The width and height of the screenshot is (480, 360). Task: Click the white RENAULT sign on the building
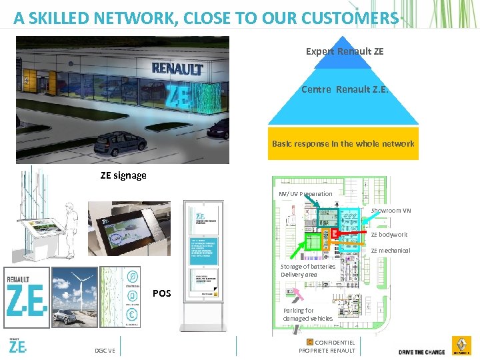177,68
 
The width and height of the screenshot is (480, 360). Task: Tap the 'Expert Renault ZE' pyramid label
344,51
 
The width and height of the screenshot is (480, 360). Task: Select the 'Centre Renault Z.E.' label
344,89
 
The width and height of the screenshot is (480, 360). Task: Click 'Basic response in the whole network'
343,143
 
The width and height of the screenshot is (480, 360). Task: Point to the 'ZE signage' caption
123,175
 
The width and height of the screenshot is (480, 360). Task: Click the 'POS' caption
162,293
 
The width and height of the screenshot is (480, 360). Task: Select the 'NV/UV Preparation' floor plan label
305,194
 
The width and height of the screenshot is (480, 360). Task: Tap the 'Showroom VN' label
391,211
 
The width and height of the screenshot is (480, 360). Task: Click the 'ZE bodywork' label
389,235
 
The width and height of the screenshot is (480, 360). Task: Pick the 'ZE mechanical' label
390,251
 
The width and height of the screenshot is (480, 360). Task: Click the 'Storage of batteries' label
308,267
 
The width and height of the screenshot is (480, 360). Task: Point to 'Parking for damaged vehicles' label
307,315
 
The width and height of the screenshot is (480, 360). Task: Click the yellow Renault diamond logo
459,345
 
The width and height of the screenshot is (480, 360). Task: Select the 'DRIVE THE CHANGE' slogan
421,351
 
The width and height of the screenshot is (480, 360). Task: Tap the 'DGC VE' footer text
105,351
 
